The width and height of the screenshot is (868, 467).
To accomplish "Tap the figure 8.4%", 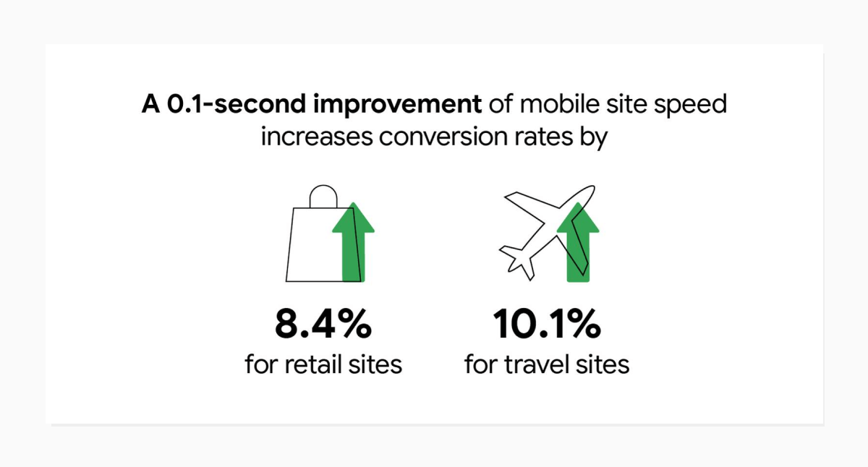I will (323, 325).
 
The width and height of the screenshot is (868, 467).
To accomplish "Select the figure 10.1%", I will (547, 325).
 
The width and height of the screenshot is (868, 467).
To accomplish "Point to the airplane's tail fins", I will (516, 260).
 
